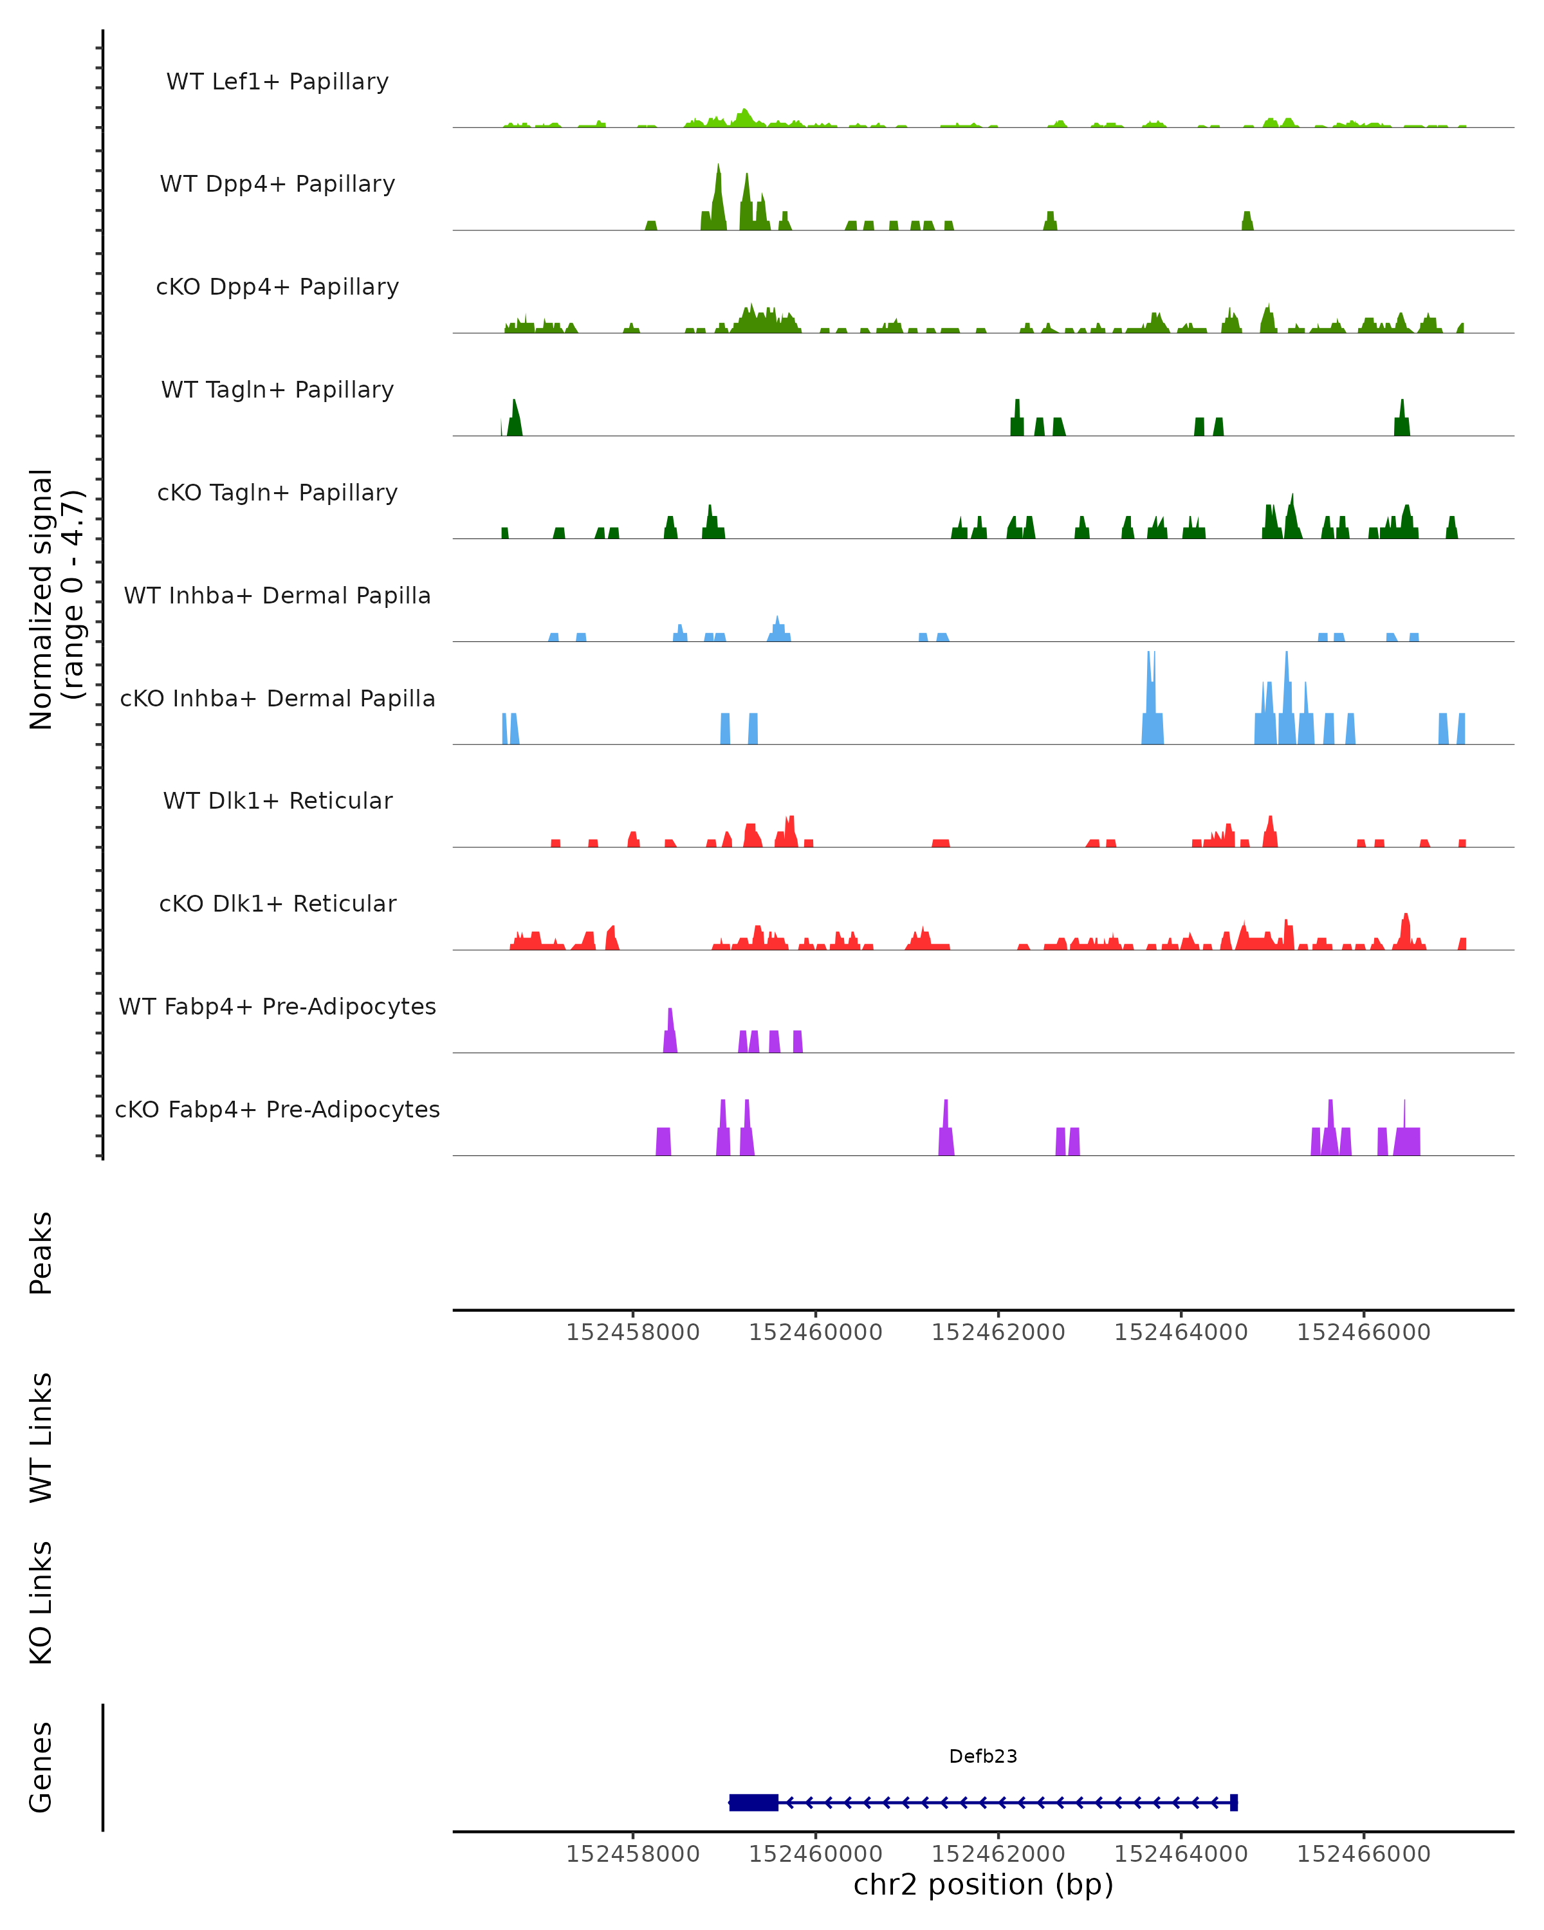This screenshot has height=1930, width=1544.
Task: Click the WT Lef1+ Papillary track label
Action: click(x=277, y=82)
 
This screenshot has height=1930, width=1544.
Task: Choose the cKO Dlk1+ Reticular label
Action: click(x=277, y=903)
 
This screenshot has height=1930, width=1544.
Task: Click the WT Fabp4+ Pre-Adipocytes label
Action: click(x=277, y=1006)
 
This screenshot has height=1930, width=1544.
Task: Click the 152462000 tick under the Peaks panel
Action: click(x=998, y=1332)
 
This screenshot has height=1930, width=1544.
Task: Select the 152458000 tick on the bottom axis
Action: click(x=633, y=1854)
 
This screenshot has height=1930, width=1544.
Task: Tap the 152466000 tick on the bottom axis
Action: click(x=1363, y=1854)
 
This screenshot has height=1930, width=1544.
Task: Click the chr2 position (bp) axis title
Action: click(x=983, y=1885)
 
